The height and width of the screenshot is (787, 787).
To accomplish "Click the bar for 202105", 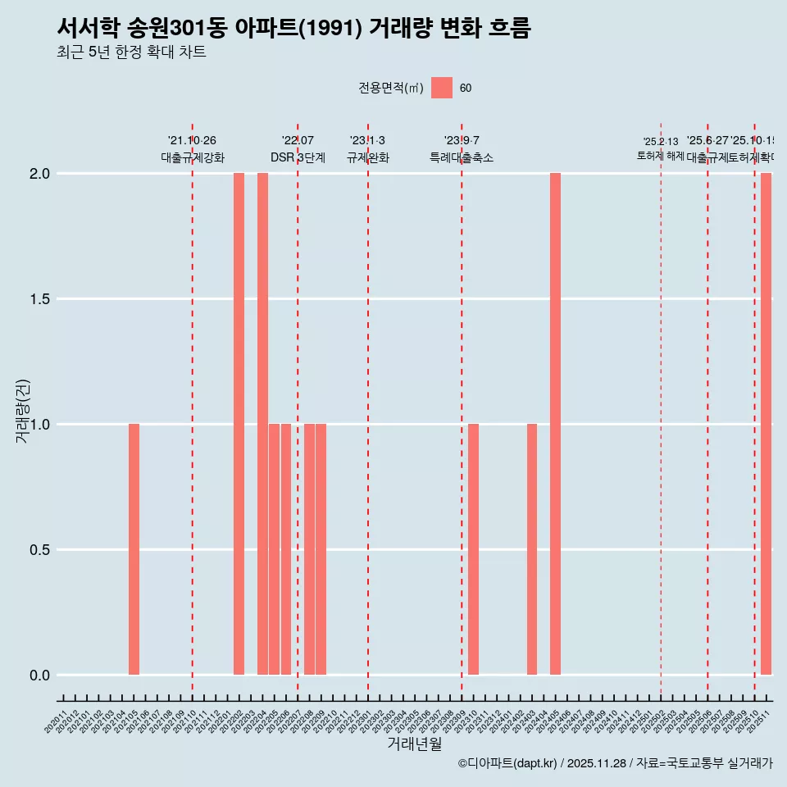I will point(134,549).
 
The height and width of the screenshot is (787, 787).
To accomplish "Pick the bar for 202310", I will point(473,549).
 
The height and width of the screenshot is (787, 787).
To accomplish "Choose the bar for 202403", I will point(532,549).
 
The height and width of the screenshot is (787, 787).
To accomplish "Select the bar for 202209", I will point(321,549).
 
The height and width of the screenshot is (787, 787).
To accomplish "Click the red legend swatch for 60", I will point(442,88).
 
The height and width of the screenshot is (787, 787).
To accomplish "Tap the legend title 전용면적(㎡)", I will point(390,88).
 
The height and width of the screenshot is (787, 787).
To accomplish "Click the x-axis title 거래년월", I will point(414,744).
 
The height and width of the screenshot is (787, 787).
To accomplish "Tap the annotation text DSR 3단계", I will point(298,158).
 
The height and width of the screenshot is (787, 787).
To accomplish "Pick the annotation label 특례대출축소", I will point(462,158).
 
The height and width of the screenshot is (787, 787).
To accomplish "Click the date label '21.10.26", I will point(192,141).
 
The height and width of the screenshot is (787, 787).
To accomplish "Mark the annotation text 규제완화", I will point(367,158).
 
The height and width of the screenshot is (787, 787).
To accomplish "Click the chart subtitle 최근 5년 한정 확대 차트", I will point(131,52).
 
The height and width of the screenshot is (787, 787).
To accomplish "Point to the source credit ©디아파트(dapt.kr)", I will point(507,763).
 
